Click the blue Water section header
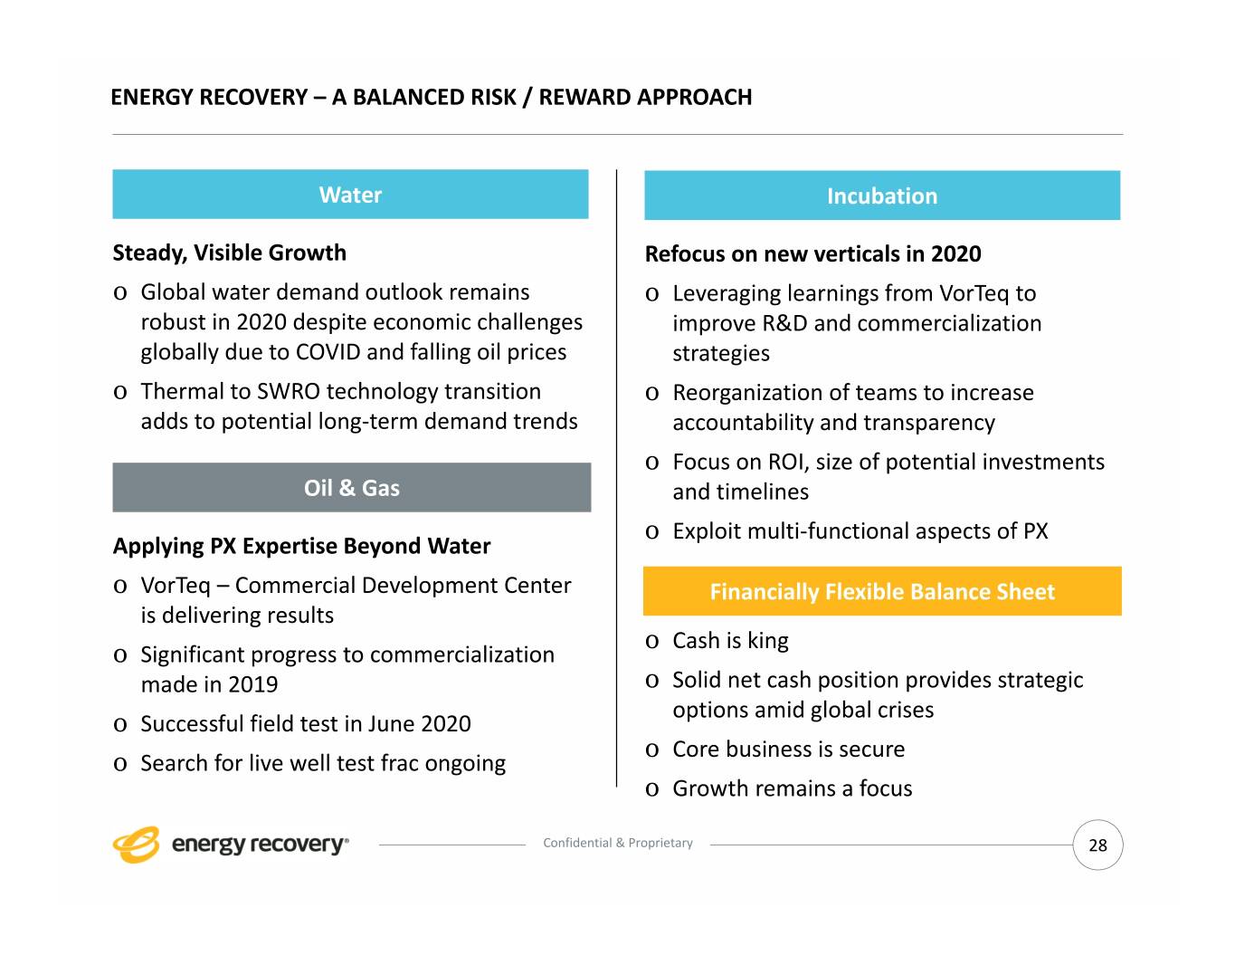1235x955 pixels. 350,195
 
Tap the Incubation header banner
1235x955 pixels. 881,196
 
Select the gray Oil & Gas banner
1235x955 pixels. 351,488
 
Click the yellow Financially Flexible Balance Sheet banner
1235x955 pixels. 881,592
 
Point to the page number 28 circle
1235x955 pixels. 1097,845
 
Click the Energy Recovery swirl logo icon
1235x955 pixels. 136,845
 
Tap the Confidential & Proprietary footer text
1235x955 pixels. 617,843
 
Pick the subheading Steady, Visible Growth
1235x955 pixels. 229,253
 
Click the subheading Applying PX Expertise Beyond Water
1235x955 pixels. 301,546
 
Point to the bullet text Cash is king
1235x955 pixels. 730,641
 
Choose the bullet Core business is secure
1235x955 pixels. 788,750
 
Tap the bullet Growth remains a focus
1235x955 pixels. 792,788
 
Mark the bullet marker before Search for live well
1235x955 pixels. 120,764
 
